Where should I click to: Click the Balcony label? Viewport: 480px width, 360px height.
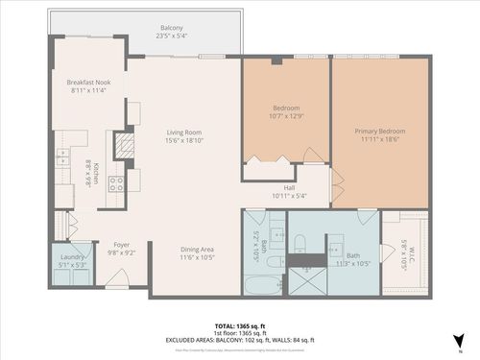pyautogui.click(x=174, y=29)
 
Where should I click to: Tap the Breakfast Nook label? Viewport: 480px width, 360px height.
pyautogui.click(x=88, y=83)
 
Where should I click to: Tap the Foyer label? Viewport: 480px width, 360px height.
pyautogui.click(x=122, y=244)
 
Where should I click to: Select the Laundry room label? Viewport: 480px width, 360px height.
pyautogui.click(x=72, y=257)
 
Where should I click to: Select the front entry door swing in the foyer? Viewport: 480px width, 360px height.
pyautogui.click(x=117, y=279)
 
